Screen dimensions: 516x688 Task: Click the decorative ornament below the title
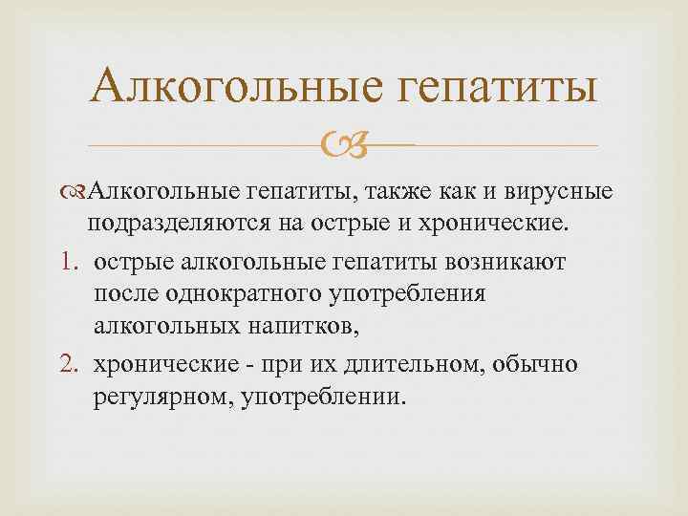tap(343, 146)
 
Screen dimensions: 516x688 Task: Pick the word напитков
tap(305, 329)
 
